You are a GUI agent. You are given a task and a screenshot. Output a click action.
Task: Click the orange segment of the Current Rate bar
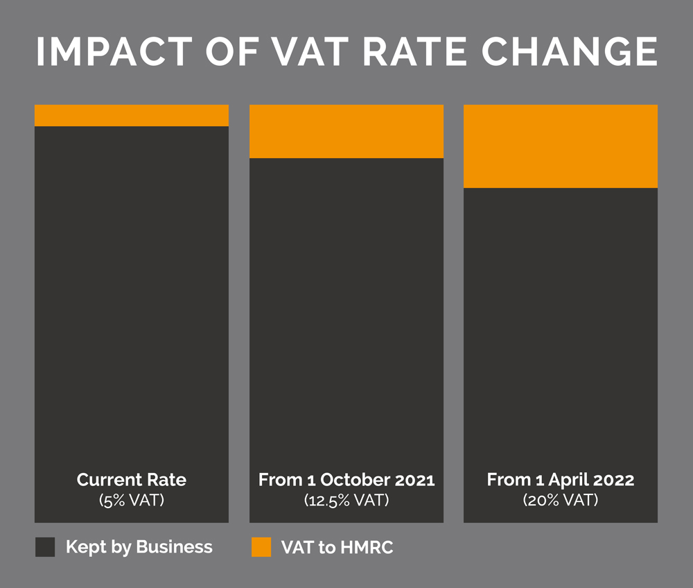(x=132, y=115)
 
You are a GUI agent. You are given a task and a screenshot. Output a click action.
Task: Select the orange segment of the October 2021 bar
(x=346, y=131)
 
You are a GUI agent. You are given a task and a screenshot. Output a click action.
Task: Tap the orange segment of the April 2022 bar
(x=561, y=146)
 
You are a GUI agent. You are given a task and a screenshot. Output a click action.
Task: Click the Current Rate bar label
(x=132, y=480)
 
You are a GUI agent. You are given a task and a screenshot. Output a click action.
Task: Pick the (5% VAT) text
(x=132, y=500)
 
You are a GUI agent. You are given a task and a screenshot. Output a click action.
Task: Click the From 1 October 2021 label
(x=346, y=480)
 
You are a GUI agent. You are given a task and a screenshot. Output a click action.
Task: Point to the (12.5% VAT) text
(x=346, y=500)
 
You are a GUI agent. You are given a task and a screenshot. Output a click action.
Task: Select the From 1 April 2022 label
(x=561, y=480)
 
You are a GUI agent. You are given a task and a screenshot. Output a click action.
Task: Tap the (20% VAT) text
(x=561, y=500)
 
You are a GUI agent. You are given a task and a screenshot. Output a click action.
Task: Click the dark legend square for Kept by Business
(x=45, y=547)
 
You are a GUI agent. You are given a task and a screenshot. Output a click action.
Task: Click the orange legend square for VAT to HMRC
(x=261, y=547)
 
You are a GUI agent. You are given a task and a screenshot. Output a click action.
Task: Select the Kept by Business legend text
(x=139, y=547)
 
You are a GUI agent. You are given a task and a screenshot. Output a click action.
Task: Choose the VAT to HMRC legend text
(x=337, y=547)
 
